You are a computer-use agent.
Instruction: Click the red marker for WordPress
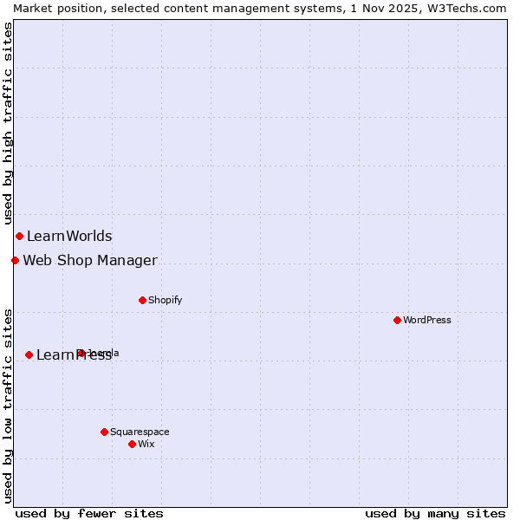click(x=397, y=320)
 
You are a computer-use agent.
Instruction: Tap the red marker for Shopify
click(x=142, y=300)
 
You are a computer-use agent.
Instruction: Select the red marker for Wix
click(x=132, y=444)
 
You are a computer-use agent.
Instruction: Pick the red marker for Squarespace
click(x=104, y=432)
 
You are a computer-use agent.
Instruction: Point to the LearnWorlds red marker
click(x=19, y=236)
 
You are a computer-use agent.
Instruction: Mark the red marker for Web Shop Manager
click(x=15, y=260)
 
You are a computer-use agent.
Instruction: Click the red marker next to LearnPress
click(x=29, y=354)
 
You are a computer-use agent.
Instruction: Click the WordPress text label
click(x=427, y=320)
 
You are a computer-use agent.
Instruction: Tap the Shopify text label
click(x=165, y=300)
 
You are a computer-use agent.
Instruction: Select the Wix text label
click(x=146, y=444)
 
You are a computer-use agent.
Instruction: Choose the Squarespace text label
click(x=140, y=432)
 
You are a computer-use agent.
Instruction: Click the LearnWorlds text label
click(x=69, y=236)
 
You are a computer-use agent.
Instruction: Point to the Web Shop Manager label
click(x=90, y=260)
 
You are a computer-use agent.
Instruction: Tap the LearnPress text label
click(x=74, y=354)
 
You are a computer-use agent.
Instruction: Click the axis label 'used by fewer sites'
click(x=89, y=513)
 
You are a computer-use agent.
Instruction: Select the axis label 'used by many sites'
click(x=435, y=513)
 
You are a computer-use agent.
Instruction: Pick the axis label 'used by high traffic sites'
click(x=9, y=123)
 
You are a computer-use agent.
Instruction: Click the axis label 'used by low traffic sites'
click(x=9, y=406)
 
